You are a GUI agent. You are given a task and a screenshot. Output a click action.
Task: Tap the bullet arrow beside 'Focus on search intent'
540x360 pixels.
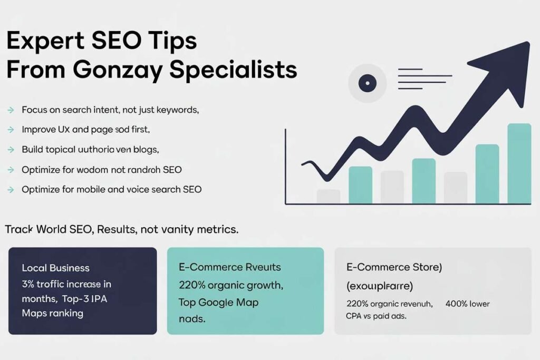pos(11,111)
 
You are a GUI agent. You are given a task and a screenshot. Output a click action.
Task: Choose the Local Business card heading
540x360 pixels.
pos(55,268)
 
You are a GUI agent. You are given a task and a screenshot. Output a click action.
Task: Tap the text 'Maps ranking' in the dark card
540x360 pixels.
pos(52,313)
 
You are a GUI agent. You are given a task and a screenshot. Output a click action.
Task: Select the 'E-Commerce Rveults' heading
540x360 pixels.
pos(229,267)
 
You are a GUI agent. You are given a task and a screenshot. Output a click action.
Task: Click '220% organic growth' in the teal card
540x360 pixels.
pos(231,286)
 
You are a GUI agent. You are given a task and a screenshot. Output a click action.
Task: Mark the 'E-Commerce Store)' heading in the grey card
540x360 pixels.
pos(393,267)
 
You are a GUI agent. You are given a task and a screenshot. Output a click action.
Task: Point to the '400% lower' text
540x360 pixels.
pos(467,304)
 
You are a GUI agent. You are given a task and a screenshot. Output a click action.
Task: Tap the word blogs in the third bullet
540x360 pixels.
pos(145,150)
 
